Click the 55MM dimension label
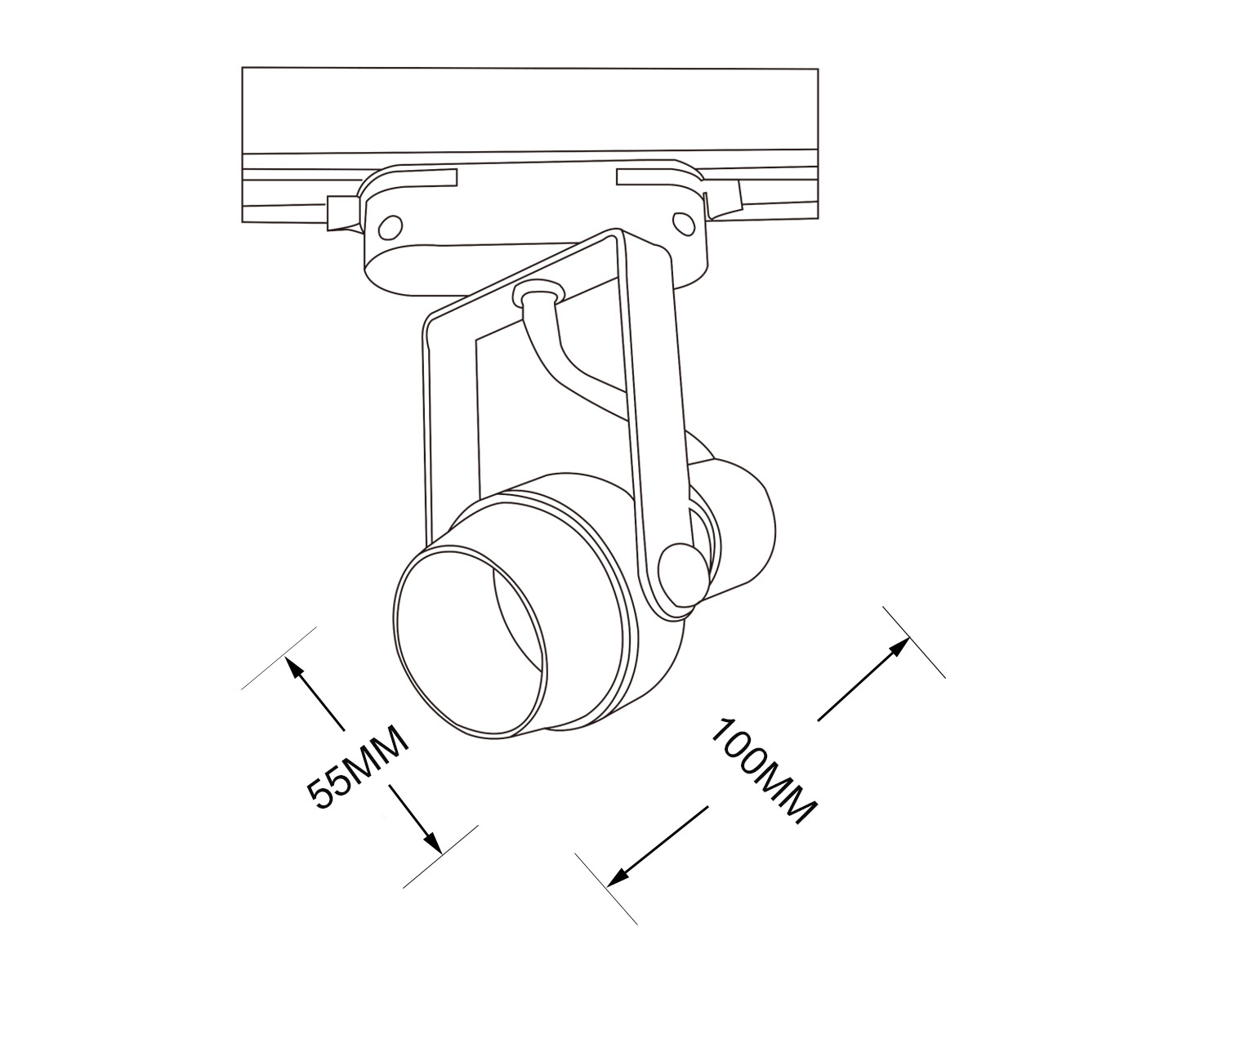click(x=357, y=767)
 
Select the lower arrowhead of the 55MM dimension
click(x=431, y=841)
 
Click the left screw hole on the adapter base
click(x=390, y=228)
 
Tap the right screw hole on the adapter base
click(x=683, y=223)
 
